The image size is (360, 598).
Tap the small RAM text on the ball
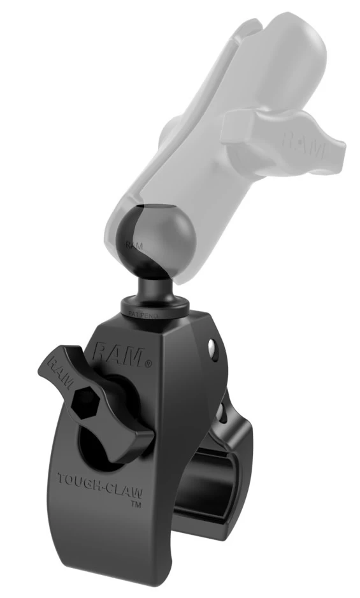(x=133, y=244)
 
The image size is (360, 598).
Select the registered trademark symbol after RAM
(x=148, y=364)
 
